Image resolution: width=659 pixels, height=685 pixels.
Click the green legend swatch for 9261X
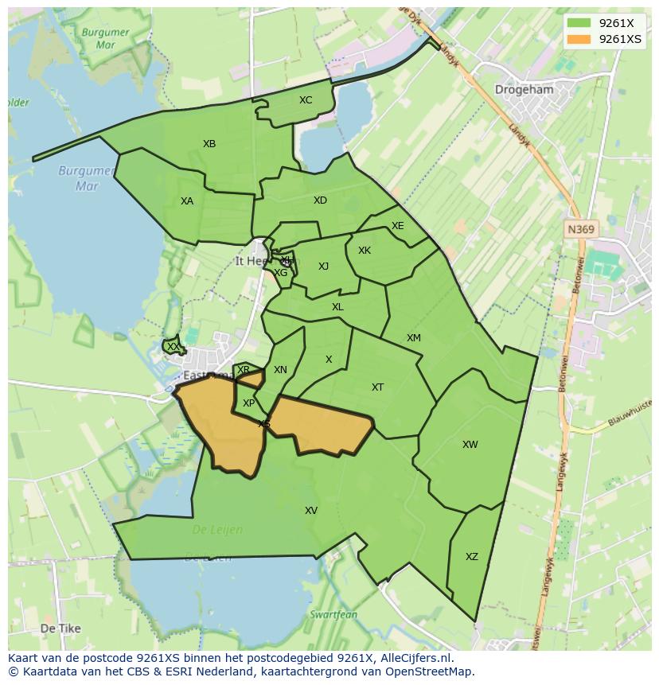tap(579, 23)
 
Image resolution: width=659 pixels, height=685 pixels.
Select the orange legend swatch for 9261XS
tap(579, 39)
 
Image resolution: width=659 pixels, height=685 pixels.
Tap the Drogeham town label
tap(524, 90)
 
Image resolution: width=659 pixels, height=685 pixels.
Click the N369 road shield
tap(581, 229)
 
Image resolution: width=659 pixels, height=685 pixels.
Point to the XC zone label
tap(306, 100)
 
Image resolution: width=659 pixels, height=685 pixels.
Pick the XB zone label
tap(209, 144)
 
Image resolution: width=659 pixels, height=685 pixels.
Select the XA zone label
tap(187, 201)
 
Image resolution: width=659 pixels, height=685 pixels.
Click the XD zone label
tap(320, 200)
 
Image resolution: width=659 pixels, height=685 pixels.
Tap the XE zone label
tap(398, 226)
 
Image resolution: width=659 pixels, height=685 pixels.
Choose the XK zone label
tap(365, 251)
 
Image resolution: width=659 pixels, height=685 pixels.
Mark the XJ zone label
tap(323, 267)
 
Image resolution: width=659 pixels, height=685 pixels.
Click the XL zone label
tap(337, 307)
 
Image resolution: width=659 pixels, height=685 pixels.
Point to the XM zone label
tap(414, 338)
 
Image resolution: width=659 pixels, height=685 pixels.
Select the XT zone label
tap(378, 387)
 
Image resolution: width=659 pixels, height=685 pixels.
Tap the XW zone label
tap(470, 445)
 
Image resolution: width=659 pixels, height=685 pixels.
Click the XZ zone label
tap(472, 557)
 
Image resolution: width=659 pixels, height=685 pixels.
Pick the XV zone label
tap(311, 511)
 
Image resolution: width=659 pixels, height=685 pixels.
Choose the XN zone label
tap(280, 370)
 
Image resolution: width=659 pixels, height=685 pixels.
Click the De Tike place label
tap(60, 629)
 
